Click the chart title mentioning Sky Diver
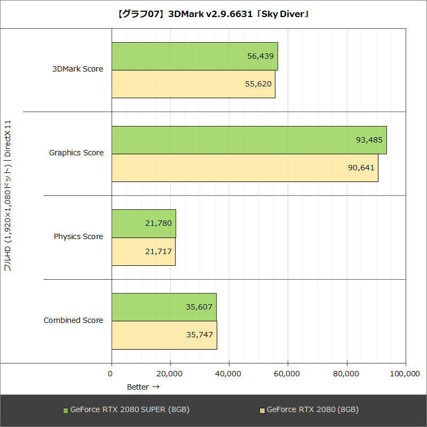tap(213, 14)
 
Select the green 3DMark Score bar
tap(195, 56)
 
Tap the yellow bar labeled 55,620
tap(193, 84)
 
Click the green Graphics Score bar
tap(249, 140)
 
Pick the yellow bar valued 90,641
tap(245, 168)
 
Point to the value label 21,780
tap(158, 223)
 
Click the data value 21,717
tap(158, 251)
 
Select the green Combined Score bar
tap(164, 307)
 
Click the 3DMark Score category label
tap(77, 69)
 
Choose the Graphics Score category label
tap(76, 153)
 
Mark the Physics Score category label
tap(78, 236)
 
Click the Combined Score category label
tap(74, 320)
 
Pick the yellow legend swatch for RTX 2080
tap(262, 410)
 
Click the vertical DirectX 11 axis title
tap(8, 195)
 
